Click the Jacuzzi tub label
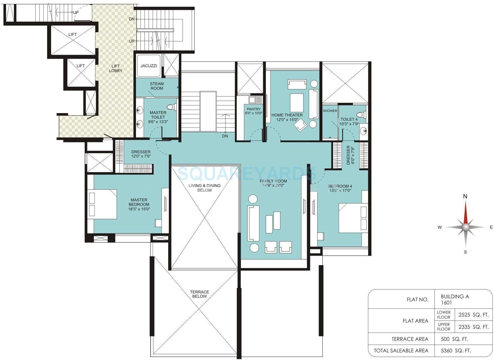click(149, 66)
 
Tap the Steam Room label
click(157, 86)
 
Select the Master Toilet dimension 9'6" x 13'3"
click(158, 122)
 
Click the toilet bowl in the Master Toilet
click(172, 107)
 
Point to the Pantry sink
click(252, 99)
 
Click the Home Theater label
click(287, 115)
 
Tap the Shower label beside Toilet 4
click(330, 111)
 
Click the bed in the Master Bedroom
click(102, 204)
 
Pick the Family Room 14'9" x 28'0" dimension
click(273, 185)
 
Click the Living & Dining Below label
click(204, 188)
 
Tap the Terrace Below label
click(200, 294)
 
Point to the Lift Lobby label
click(116, 68)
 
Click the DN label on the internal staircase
click(225, 136)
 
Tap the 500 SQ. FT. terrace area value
click(454, 339)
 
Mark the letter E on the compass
click(491, 227)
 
